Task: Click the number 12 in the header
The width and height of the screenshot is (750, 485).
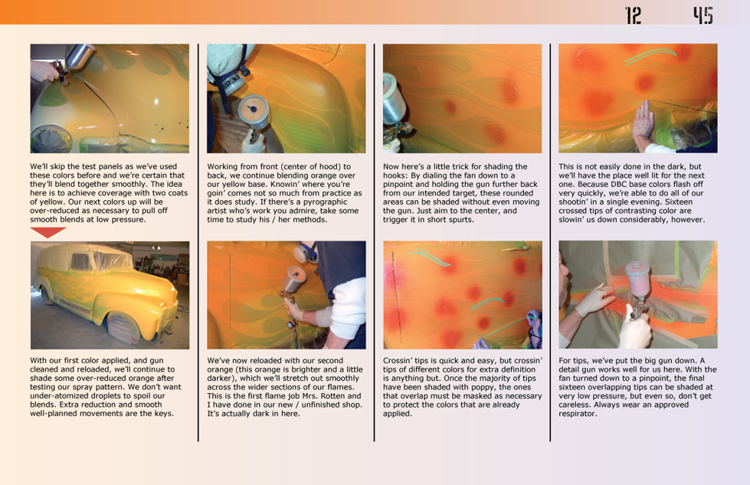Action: point(634,15)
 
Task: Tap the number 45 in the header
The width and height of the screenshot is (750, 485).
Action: point(703,15)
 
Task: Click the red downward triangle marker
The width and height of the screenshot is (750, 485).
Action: point(47,232)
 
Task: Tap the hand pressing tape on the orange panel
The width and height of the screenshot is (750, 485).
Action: point(644,126)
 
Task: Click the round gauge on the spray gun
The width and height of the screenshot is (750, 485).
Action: point(254,111)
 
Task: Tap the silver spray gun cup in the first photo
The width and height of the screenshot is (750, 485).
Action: point(79,57)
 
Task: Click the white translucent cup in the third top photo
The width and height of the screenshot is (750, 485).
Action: point(394,100)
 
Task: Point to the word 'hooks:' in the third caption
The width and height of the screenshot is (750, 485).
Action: point(395,175)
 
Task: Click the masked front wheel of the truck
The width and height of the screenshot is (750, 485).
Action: point(123,329)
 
